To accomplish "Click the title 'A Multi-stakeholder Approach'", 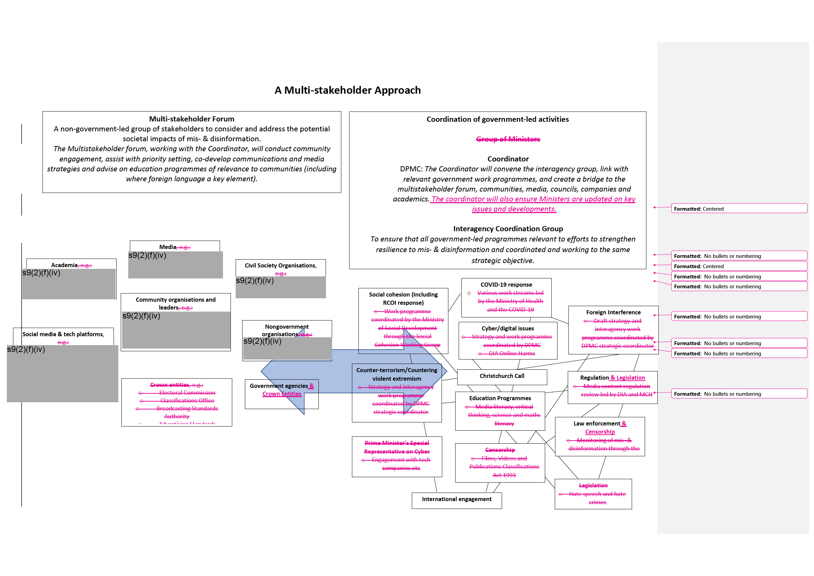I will tap(347, 90).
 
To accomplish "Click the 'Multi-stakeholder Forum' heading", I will tap(192, 119).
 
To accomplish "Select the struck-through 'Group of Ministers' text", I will tap(508, 139).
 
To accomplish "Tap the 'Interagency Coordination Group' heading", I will tap(508, 229).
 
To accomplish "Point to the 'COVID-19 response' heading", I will tap(506, 285).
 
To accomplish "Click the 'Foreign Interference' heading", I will tap(613, 313).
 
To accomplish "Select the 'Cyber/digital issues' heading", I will tap(508, 328).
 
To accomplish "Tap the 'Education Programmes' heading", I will tap(500, 398).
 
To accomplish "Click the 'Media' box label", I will tap(168, 247).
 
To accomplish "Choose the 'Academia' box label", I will tap(64, 265).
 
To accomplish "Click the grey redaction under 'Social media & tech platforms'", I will tap(63, 374).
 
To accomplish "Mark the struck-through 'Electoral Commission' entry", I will tap(187, 393).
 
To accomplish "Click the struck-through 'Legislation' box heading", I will tap(593, 486).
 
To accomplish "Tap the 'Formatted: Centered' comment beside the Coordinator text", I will tap(738, 209).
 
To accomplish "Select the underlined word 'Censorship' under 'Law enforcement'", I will tap(600, 432).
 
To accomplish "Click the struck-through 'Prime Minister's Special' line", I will tap(396, 443).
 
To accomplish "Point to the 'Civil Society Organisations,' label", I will tap(280, 265).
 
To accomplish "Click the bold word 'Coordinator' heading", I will tap(508, 159).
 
